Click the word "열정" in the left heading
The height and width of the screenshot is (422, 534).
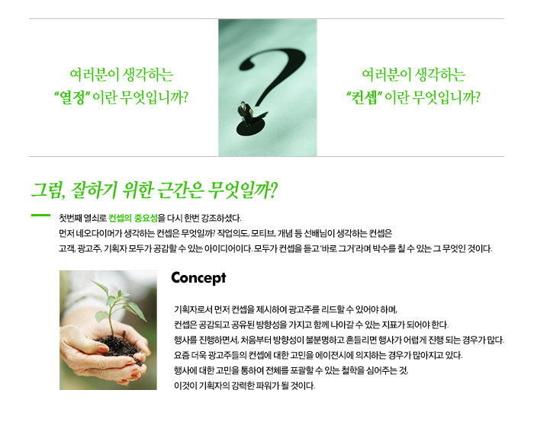72,98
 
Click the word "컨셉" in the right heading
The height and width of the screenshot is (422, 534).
364,98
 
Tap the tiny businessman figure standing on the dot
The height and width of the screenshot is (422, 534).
246,113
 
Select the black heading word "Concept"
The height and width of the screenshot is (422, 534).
198,278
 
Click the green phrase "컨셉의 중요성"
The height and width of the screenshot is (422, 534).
133,218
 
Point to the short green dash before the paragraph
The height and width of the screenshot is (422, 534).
40,215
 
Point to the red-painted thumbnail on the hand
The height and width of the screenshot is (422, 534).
102,349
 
